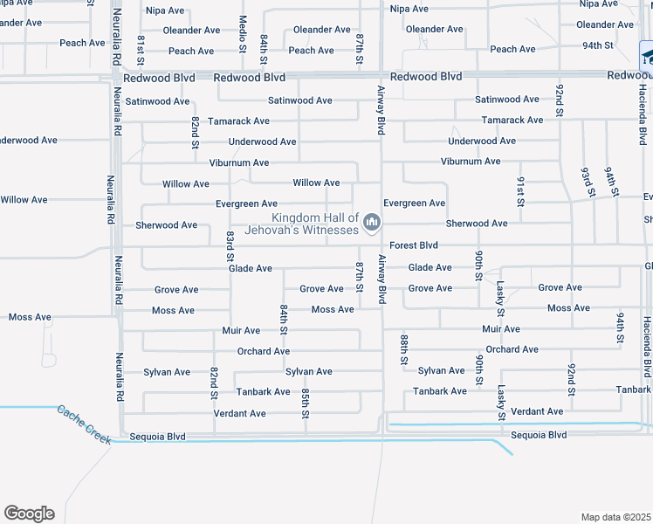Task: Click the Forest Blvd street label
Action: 414,245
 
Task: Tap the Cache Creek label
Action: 85,424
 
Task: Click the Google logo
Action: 29,514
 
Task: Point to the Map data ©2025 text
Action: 615,517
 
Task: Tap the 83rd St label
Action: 230,246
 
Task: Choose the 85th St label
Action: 306,403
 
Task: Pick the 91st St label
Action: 520,190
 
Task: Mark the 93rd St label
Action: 587,183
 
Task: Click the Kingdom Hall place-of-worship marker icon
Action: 373,224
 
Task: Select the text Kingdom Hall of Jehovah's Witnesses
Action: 315,224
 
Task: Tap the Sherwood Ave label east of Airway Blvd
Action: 477,224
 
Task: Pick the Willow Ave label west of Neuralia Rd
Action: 24,200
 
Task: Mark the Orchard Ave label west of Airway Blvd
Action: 264,351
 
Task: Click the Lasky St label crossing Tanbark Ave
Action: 502,402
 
